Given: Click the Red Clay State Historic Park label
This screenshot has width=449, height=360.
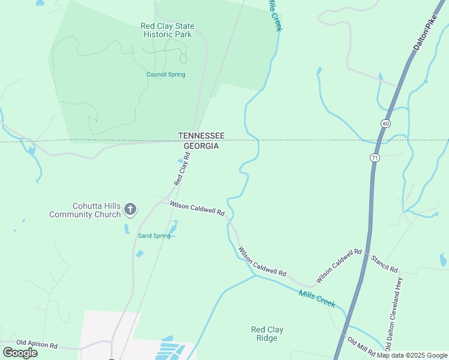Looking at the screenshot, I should pos(166,30).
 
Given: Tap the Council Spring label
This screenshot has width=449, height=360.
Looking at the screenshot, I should pos(166,74).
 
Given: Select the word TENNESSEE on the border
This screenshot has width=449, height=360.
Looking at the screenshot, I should pos(200,136).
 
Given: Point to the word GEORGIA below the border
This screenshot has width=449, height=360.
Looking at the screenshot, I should pos(200,146).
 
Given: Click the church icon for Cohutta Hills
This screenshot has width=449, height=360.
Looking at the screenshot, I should pos(130,209).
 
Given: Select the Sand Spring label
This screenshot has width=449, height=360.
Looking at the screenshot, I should pos(154,236).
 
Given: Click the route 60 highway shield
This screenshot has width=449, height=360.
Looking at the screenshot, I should pos(384,123).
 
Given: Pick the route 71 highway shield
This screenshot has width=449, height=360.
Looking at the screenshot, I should pos(375,157).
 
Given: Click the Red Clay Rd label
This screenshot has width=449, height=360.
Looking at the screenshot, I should pos(182,169).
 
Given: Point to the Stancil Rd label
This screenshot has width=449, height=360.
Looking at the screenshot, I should pos(384,264).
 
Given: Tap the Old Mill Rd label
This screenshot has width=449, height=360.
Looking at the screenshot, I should pos(362,346).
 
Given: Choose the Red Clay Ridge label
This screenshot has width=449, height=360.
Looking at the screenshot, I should pos(267,334).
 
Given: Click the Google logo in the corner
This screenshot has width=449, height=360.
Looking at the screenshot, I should pos(20,353).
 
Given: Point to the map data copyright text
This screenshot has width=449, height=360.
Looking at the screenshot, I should pos(412,355).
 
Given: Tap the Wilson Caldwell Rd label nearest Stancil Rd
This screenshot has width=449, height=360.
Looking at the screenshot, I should pos(339,266).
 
